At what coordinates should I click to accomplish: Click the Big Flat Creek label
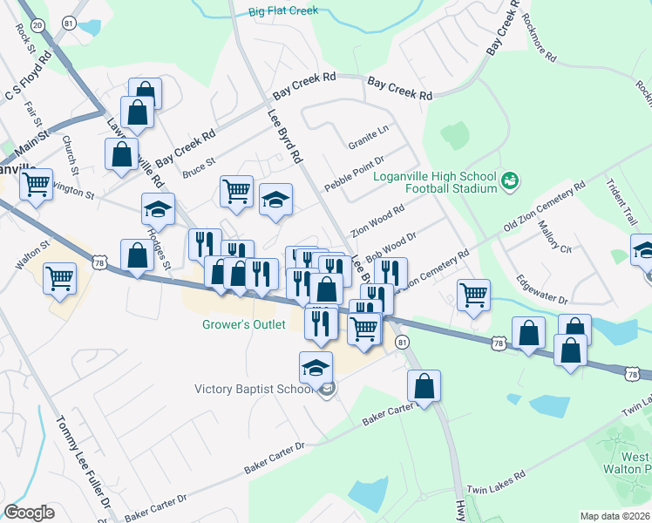pyautogui.click(x=283, y=11)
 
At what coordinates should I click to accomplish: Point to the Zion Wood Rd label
pyautogui.click(x=377, y=221)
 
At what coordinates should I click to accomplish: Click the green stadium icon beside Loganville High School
pyautogui.click(x=511, y=180)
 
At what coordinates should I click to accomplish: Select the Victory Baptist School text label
pyautogui.click(x=252, y=389)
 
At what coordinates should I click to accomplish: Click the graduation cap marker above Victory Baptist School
pyautogui.click(x=316, y=367)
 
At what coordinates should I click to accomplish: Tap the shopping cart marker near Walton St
pyautogui.click(x=60, y=278)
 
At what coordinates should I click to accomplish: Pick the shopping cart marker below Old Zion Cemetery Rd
pyautogui.click(x=473, y=294)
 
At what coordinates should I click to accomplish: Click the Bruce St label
pyautogui.click(x=199, y=167)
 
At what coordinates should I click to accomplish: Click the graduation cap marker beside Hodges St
pyautogui.click(x=158, y=208)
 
